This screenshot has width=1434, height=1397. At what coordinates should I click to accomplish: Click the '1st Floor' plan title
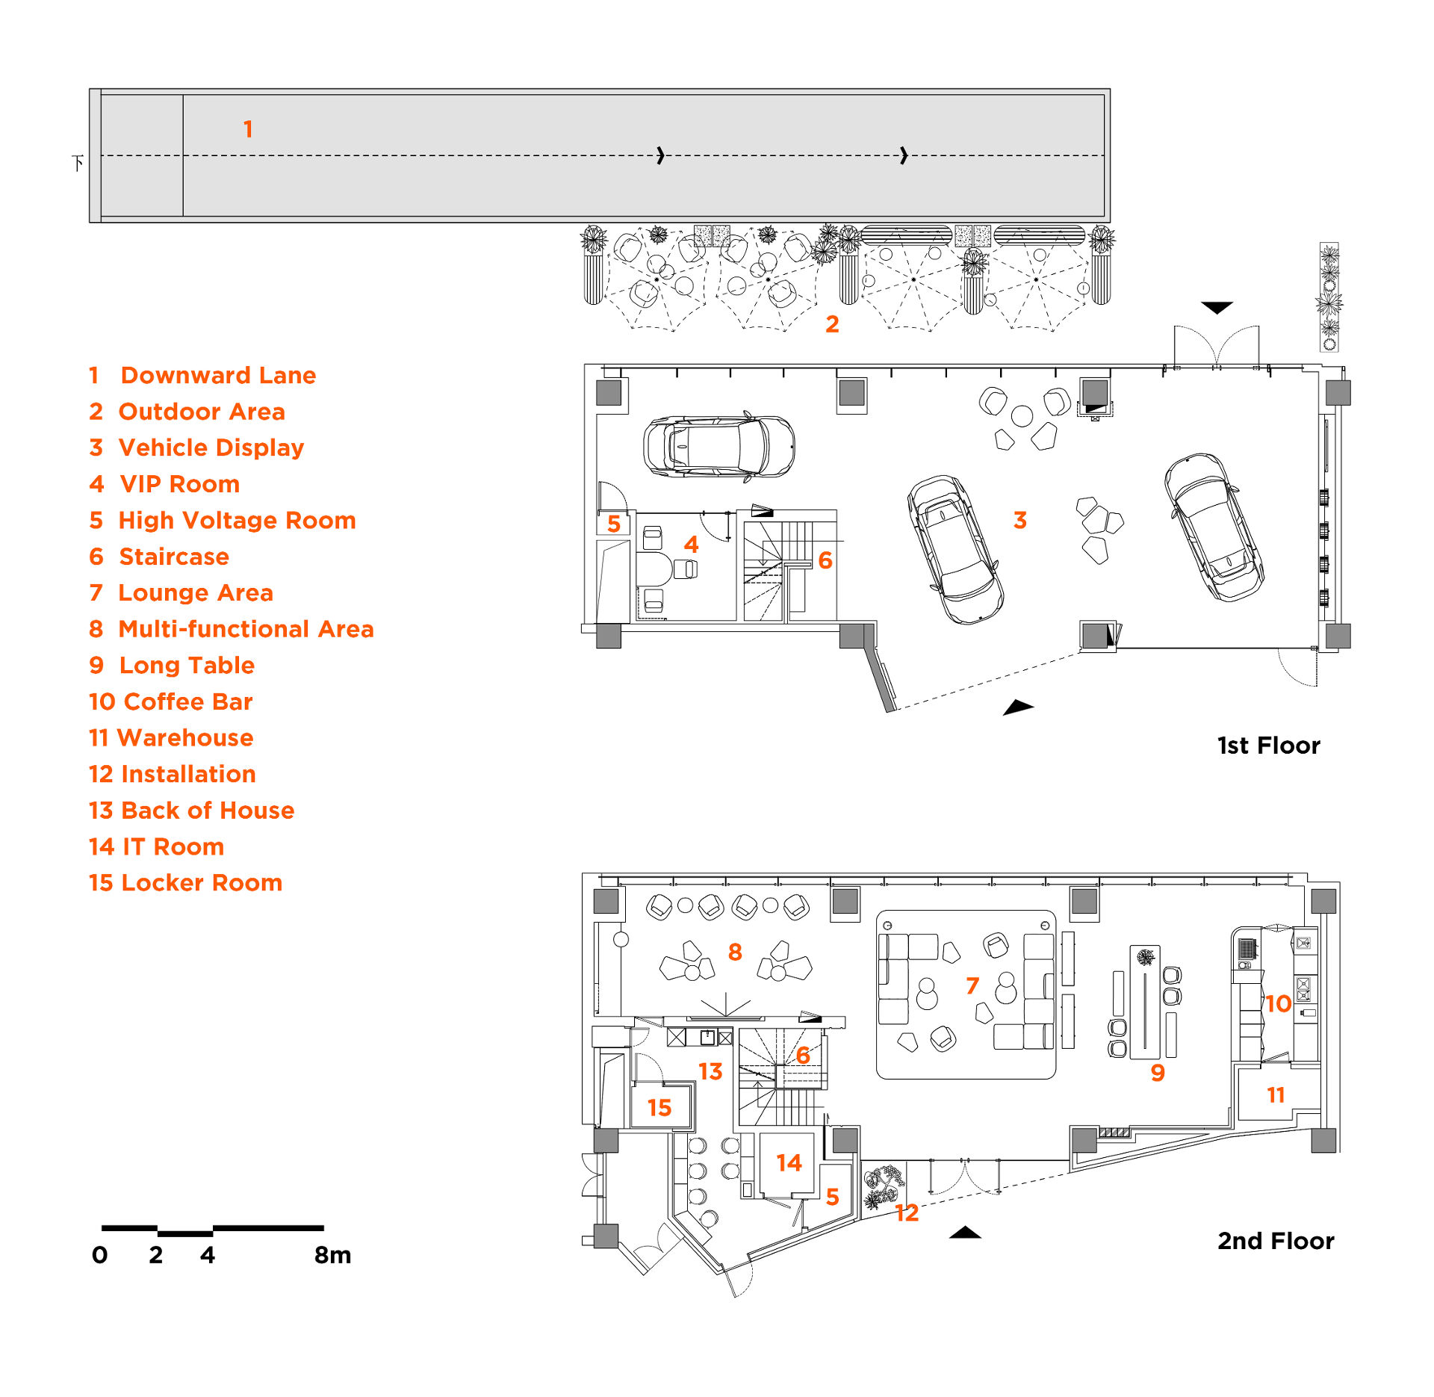(1268, 745)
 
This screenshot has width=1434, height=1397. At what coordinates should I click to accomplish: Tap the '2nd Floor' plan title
(1275, 1240)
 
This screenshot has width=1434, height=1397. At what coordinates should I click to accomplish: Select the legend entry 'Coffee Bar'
(170, 701)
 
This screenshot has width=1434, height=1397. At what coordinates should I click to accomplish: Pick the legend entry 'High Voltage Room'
(222, 520)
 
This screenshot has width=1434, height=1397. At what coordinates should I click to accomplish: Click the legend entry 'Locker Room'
(185, 882)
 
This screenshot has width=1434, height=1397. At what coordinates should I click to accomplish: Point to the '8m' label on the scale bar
(332, 1254)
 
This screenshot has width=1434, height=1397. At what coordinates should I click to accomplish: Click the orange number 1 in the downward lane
(248, 129)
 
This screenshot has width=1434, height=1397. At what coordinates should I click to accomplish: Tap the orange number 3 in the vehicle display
(1019, 520)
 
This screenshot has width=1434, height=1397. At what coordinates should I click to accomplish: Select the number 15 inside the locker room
(659, 1107)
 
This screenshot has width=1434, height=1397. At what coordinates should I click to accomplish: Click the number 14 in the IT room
(789, 1162)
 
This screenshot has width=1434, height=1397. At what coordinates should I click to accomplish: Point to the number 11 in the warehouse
(1276, 1095)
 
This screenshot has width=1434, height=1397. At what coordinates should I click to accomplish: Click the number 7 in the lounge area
(972, 986)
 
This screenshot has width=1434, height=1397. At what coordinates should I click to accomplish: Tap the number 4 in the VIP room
(691, 545)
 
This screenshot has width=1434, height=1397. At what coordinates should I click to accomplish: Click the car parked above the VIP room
(718, 446)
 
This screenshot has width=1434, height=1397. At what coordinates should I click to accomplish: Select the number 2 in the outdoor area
(832, 323)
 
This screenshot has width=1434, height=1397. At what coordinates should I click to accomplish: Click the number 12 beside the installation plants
(907, 1212)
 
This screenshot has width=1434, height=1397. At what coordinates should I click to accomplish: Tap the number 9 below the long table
(1157, 1072)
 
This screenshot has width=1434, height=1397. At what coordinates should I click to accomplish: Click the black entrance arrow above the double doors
(1217, 307)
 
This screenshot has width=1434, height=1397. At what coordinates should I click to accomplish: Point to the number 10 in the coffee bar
(1278, 1003)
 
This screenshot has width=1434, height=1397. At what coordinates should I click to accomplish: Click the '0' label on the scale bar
(99, 1254)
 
